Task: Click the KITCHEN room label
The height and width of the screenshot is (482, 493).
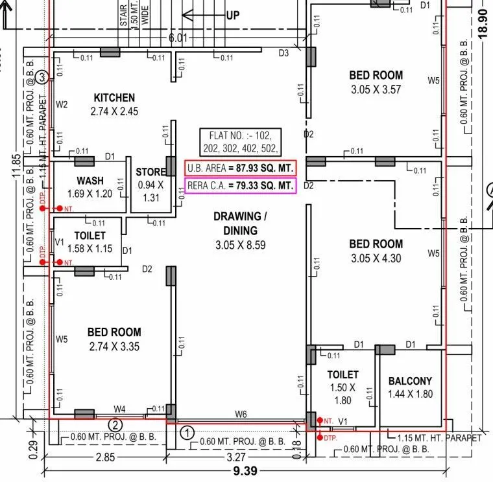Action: pyautogui.click(x=114, y=98)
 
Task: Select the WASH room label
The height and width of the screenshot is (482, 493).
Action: pyautogui.click(x=90, y=180)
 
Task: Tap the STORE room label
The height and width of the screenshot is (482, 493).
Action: pyautogui.click(x=150, y=172)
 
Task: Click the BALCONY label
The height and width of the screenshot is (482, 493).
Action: pyautogui.click(x=410, y=381)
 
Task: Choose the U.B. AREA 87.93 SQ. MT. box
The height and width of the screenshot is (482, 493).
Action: pyautogui.click(x=240, y=168)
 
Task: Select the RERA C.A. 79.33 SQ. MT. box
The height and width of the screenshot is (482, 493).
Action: pyautogui.click(x=240, y=186)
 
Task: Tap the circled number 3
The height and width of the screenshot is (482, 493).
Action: pyautogui.click(x=42, y=78)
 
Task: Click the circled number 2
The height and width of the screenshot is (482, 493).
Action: pyautogui.click(x=115, y=426)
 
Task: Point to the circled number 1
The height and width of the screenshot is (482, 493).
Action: pyautogui.click(x=187, y=431)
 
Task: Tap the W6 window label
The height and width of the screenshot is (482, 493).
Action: pyautogui.click(x=241, y=414)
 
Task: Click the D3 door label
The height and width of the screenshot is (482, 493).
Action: pyautogui.click(x=283, y=53)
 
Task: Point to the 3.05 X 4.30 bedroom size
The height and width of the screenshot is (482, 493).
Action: pyautogui.click(x=376, y=257)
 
